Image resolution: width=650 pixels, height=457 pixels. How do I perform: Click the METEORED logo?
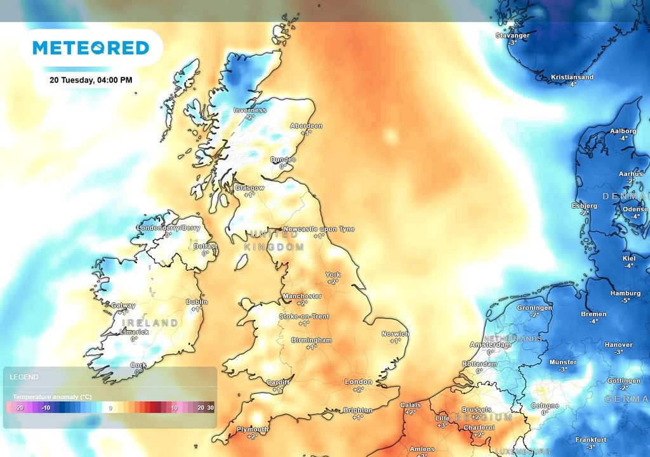[x=91, y=48]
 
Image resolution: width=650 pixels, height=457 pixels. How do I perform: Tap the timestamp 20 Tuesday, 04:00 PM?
[x=91, y=80]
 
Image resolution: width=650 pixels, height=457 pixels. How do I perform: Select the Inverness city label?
[x=249, y=110]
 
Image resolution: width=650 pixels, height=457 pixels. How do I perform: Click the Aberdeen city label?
[x=306, y=126]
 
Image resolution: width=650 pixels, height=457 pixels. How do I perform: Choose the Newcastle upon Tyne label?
[x=319, y=228]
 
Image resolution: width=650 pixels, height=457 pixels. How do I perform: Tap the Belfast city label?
[x=205, y=246]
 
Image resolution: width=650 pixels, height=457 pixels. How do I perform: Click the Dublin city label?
[x=197, y=302]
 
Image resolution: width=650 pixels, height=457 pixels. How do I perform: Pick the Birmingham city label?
[x=311, y=340]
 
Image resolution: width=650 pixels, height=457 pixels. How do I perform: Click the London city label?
[x=358, y=381]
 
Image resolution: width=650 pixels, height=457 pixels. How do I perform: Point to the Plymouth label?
[x=252, y=429]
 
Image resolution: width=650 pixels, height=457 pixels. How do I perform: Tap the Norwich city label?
[x=395, y=333]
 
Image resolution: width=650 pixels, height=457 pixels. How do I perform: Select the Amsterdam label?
[x=489, y=345]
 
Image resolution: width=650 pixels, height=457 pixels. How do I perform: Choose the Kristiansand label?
[x=572, y=77]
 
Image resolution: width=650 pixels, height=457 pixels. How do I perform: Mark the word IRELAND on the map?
[x=150, y=323]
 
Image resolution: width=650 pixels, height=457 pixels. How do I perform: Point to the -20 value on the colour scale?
[x=18, y=407]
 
